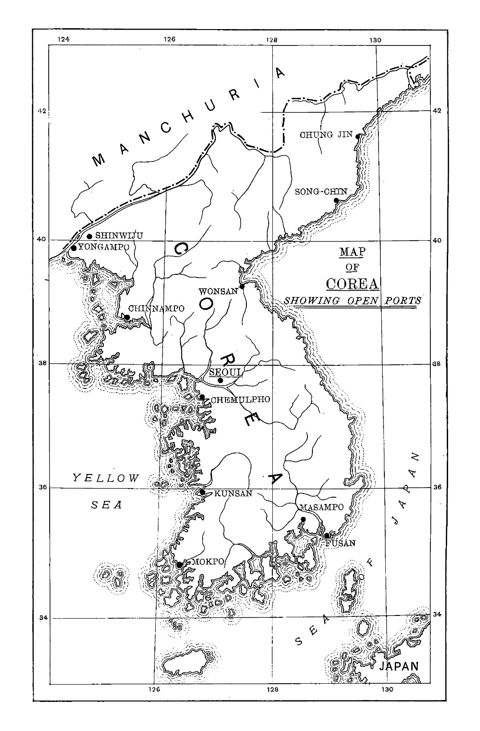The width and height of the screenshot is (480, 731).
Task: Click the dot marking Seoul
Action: point(220,380)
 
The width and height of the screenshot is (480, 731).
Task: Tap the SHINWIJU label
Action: point(119,236)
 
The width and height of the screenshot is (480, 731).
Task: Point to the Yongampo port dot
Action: point(74,248)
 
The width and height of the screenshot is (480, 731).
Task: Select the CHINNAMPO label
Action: point(156,308)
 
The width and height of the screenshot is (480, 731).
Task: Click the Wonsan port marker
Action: point(242,286)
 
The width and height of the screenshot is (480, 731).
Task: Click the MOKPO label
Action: point(208,562)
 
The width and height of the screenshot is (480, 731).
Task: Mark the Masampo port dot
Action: point(303,519)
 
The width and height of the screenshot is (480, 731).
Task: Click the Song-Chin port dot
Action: point(337,200)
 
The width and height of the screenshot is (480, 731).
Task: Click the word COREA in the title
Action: point(352,283)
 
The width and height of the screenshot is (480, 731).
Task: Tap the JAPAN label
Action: point(399,666)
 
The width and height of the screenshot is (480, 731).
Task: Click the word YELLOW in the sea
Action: point(106,478)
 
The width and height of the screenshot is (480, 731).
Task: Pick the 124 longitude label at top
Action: point(64,40)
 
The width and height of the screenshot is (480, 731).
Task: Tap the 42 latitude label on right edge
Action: point(437,111)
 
